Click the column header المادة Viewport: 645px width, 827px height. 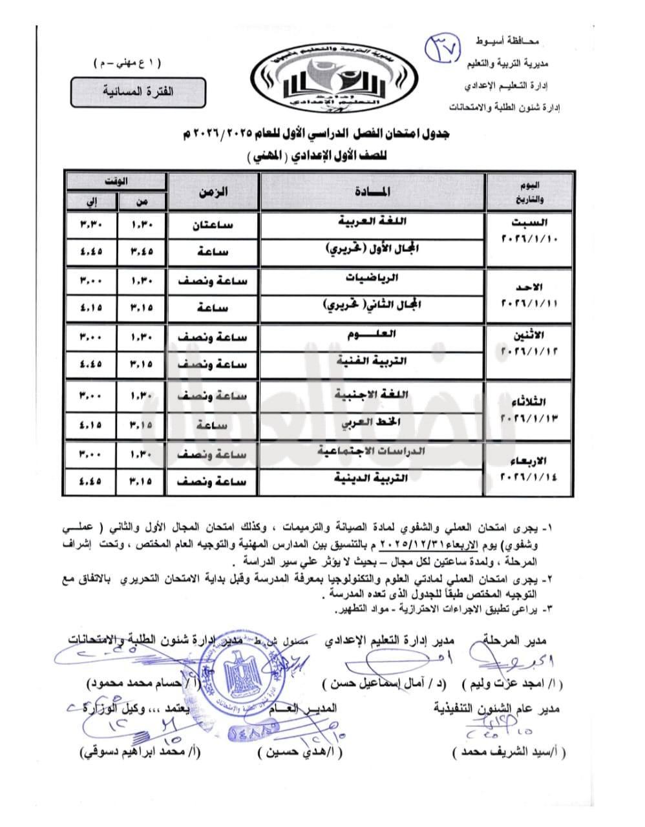point(372,192)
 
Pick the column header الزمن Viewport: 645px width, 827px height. point(213,192)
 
